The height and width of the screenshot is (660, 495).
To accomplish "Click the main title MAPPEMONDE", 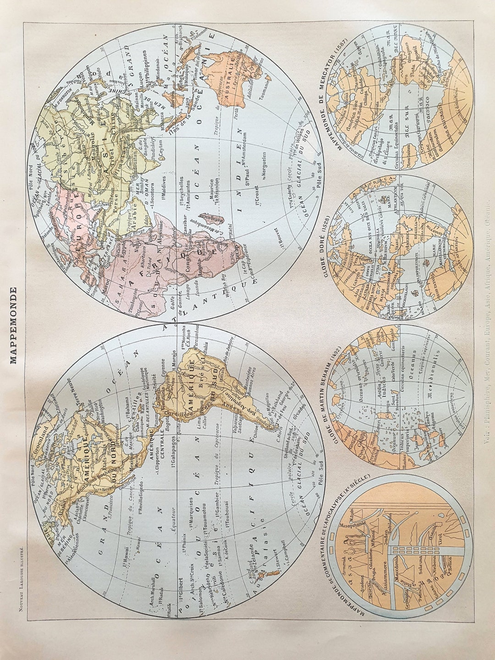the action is [13, 325].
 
